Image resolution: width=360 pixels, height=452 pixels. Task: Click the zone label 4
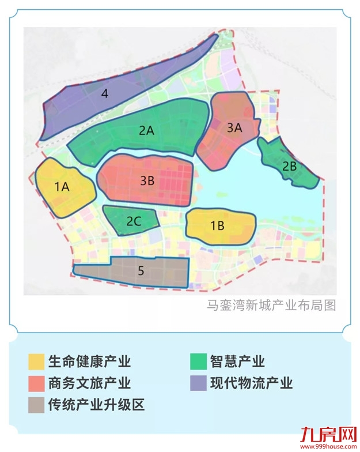104,93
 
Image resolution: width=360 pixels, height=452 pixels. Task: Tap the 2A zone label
146,130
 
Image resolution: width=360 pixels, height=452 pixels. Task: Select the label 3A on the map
234,128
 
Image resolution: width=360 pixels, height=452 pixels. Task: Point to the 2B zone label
289,165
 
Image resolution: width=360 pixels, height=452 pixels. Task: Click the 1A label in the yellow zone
62,186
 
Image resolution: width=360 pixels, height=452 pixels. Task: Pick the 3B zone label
147,180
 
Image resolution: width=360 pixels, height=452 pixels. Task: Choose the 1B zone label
217,225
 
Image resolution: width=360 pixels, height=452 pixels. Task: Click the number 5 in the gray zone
141,270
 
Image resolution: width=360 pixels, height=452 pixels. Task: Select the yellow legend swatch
36,362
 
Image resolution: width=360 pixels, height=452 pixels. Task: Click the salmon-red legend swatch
36,383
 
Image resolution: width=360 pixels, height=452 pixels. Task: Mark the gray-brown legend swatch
36,405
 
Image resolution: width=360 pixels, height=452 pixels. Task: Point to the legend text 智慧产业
237,362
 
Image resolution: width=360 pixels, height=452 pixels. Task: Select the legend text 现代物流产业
251,383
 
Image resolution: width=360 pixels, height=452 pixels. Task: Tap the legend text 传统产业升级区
96,405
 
